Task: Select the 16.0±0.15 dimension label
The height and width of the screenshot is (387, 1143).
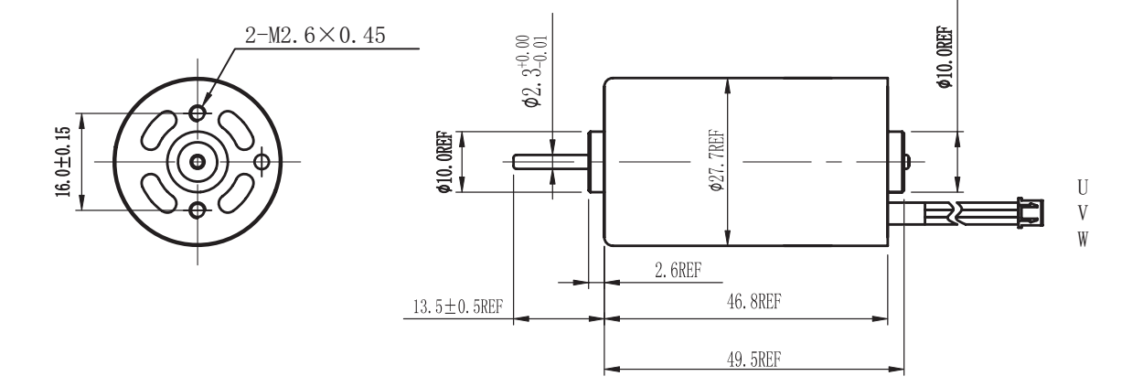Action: coord(62,162)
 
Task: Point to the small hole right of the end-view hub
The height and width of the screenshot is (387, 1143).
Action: coord(263,162)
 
